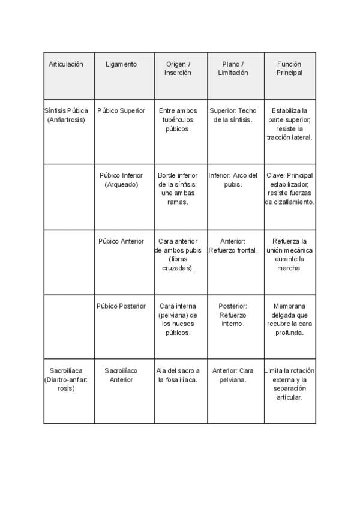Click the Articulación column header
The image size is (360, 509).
tap(66, 64)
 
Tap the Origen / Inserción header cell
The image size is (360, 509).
tap(178, 68)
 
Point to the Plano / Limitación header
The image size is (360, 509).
tap(233, 68)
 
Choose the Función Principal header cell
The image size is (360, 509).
tap(289, 68)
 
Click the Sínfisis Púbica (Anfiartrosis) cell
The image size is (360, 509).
tap(66, 115)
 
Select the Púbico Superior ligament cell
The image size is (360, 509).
tap(121, 111)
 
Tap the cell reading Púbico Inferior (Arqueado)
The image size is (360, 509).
tap(121, 180)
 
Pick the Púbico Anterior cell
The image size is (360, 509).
tap(121, 241)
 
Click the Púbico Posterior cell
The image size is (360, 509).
tap(121, 306)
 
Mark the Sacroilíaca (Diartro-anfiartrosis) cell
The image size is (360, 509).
tap(66, 379)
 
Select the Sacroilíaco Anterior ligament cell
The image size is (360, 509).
tap(121, 375)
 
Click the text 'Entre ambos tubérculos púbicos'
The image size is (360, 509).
tap(178, 120)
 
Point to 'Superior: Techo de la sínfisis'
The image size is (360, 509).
tap(233, 115)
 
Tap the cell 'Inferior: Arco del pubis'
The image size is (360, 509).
tap(233, 180)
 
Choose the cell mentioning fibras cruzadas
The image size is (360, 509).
tap(178, 254)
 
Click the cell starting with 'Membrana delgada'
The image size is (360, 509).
tap(289, 319)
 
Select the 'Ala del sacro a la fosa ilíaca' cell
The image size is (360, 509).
tap(178, 375)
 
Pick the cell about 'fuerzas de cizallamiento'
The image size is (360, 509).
tap(289, 189)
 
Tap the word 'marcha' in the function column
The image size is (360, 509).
tap(289, 268)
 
